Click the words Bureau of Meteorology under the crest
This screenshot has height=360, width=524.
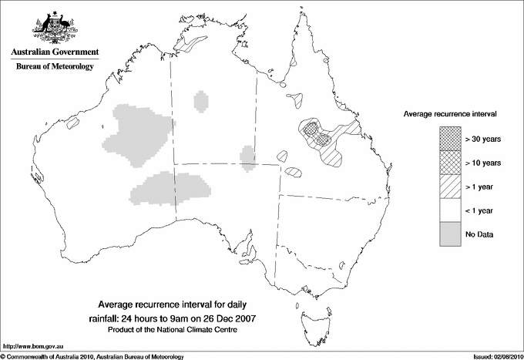click(x=55, y=67)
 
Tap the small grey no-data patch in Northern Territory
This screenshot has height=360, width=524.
click(x=201, y=101)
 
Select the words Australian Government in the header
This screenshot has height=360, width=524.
click(x=55, y=52)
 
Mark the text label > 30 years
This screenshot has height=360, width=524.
click(x=483, y=139)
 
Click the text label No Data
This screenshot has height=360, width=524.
click(x=479, y=234)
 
